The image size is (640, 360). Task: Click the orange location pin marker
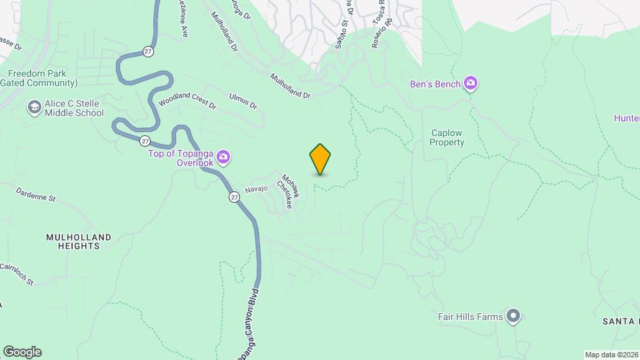(321, 159)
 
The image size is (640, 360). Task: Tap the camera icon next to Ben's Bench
(471, 84)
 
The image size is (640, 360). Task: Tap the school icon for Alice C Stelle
(34, 107)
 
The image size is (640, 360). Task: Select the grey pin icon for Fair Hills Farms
(513, 316)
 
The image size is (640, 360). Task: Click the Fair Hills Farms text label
(470, 317)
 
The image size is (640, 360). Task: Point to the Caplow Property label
(447, 137)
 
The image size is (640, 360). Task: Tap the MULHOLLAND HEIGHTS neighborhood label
(79, 241)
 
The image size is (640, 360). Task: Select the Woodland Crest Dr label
(187, 105)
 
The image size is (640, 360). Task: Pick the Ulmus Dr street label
(243, 101)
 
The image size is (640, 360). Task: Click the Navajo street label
(256, 189)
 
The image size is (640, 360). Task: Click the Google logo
(22, 352)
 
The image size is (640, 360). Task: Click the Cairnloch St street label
(16, 273)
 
